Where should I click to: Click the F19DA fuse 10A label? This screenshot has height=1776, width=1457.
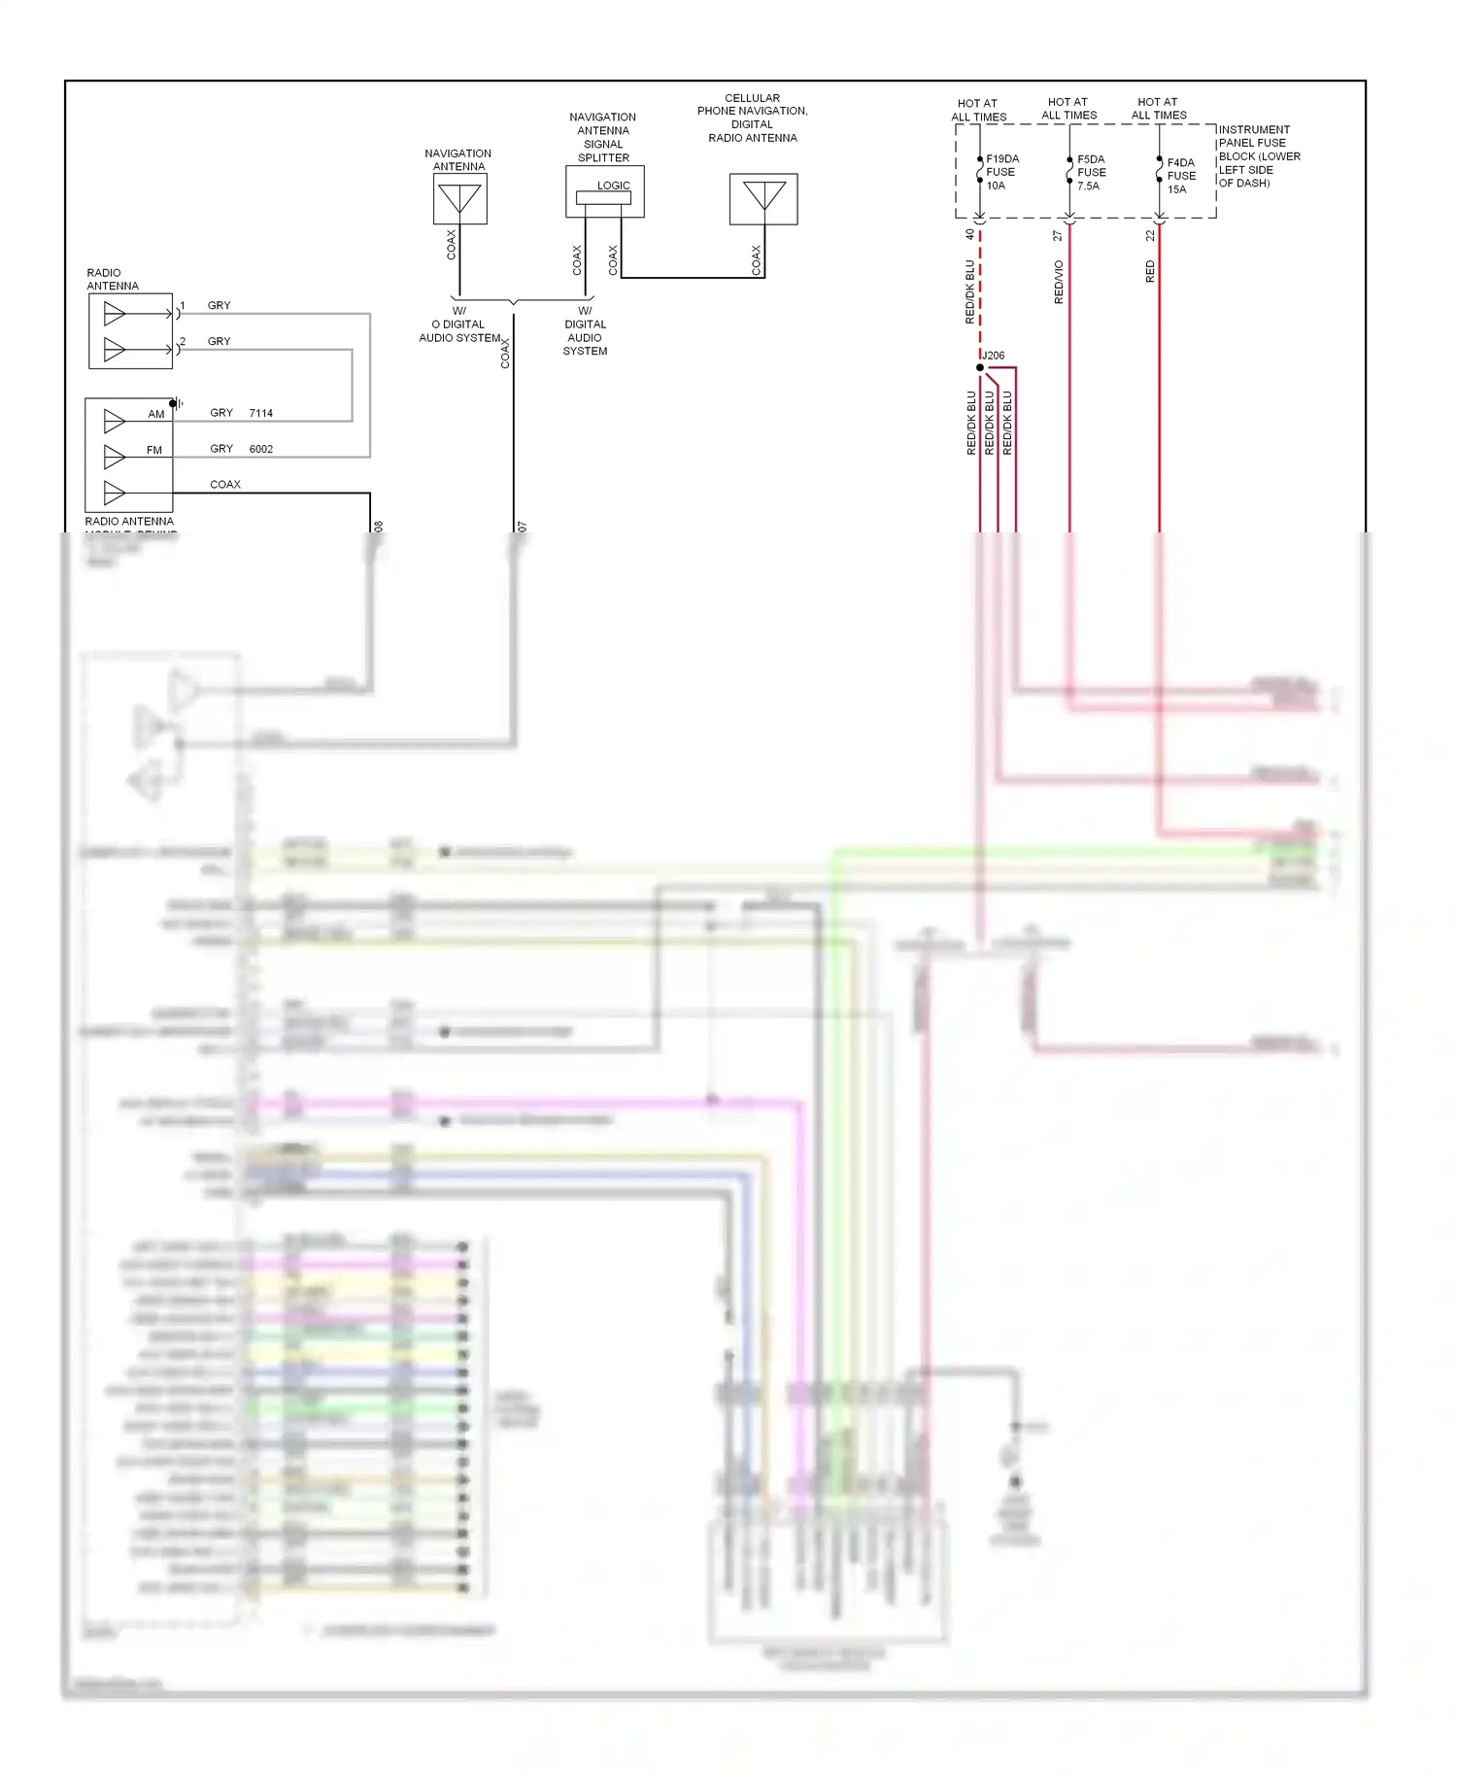(1001, 172)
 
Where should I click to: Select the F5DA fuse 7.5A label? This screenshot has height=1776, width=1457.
(1091, 172)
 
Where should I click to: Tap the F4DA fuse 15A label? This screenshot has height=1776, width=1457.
(1181, 176)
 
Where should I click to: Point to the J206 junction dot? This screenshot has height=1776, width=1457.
(980, 367)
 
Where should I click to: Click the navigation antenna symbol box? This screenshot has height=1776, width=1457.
(459, 199)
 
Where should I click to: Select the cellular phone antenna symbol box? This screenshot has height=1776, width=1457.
(763, 199)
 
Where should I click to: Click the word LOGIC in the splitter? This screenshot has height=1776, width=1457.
(613, 186)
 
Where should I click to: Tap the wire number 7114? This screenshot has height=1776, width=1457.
(260, 413)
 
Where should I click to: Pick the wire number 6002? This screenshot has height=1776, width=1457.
(260, 449)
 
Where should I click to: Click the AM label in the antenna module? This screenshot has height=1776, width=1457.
(156, 414)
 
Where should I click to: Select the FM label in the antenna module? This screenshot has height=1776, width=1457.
(154, 450)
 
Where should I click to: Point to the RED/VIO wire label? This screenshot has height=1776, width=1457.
(1059, 282)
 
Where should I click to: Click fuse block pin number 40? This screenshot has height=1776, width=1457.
(969, 234)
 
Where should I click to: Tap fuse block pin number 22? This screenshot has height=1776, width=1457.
(1150, 235)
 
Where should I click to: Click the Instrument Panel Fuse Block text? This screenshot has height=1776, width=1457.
(1258, 155)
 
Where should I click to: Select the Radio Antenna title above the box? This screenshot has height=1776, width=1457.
(112, 279)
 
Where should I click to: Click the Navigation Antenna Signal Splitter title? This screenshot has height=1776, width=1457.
(603, 137)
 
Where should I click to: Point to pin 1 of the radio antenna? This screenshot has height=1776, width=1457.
(183, 306)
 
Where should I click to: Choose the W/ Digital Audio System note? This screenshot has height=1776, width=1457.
(585, 331)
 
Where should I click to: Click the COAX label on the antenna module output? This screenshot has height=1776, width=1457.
(225, 484)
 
